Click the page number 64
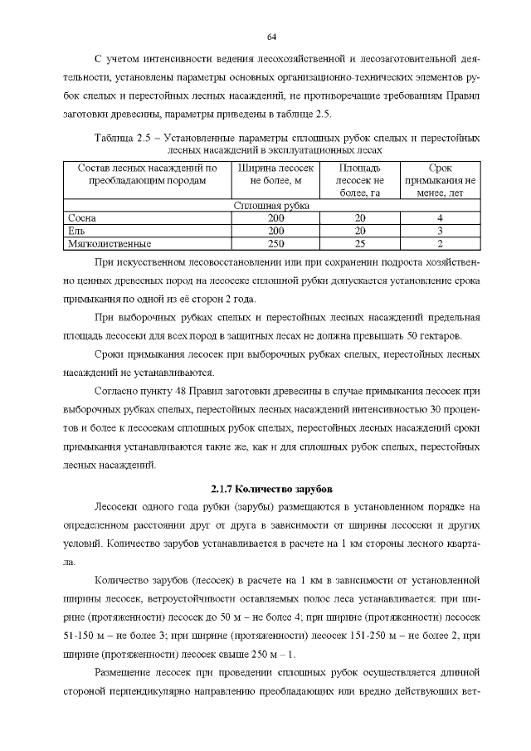pos(270,37)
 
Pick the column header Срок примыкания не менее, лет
pos(440,181)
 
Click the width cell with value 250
pos(276,244)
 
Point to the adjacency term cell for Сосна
pos(440,217)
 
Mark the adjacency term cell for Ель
pos(440,231)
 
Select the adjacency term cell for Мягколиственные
pos(440,244)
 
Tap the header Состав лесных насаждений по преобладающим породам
pos(147,174)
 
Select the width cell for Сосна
pos(276,217)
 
